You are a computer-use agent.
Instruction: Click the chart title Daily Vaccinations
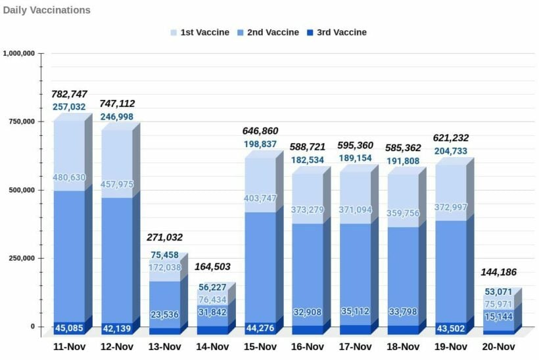(47, 11)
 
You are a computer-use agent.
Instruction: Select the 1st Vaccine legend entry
(200, 32)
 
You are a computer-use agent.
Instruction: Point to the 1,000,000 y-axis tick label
(19, 53)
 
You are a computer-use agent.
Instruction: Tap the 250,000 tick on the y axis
(22, 258)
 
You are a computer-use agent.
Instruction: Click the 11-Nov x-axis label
(69, 347)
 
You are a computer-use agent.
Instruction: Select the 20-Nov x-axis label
(498, 347)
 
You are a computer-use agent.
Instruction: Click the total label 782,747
(69, 94)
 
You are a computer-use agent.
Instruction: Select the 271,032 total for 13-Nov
(164, 237)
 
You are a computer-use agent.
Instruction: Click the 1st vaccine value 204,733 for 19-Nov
(450, 150)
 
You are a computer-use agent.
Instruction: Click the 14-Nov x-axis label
(212, 347)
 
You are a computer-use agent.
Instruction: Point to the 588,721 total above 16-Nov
(308, 147)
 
